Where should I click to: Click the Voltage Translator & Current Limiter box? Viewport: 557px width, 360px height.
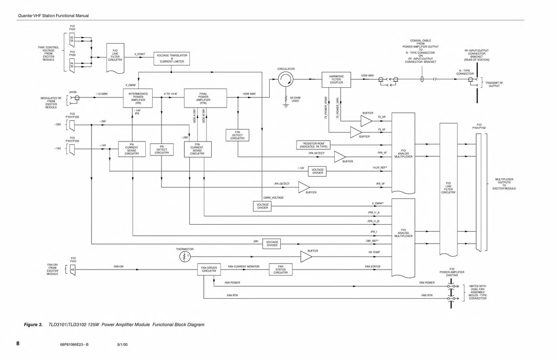(172, 58)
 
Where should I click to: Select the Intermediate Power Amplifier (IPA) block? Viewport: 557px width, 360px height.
(138, 98)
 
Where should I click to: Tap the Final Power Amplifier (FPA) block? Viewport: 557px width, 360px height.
(203, 98)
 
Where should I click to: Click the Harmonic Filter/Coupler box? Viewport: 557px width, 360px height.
(336, 79)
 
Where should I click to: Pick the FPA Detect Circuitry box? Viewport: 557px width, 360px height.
(237, 135)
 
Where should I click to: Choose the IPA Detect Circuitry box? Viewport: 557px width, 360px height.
(162, 149)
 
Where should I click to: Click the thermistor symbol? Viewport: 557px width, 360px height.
(185, 257)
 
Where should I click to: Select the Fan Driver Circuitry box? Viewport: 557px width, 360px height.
(209, 269)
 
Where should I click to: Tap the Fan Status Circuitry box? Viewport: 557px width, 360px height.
(281, 270)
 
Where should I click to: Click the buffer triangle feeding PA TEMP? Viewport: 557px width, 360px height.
(306, 257)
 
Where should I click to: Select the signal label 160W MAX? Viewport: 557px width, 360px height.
(249, 94)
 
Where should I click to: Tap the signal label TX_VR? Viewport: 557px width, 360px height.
(382, 117)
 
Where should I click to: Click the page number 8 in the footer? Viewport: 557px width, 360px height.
(18, 344)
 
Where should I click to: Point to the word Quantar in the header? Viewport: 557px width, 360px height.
(25, 16)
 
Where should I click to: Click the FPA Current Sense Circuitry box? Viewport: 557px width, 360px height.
(197, 149)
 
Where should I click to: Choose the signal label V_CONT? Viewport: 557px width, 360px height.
(140, 54)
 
